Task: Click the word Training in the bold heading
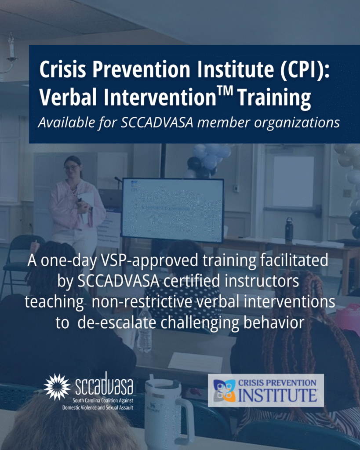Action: click(x=274, y=98)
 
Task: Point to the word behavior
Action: click(x=274, y=323)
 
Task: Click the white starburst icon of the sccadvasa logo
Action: click(x=57, y=387)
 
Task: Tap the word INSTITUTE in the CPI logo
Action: click(x=278, y=395)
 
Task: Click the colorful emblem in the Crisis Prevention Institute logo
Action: click(x=224, y=391)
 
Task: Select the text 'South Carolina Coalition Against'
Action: click(x=103, y=400)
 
